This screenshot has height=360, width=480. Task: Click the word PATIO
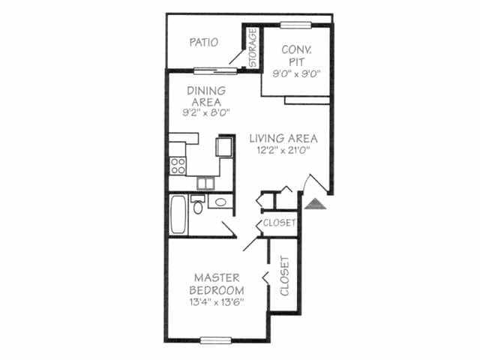point(203,43)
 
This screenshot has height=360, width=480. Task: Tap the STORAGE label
point(253,48)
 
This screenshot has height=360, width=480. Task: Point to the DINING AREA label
point(205,95)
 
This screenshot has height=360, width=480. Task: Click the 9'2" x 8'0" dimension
point(205,112)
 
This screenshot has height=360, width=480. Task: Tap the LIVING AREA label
point(283,138)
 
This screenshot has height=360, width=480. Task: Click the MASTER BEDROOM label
point(216,283)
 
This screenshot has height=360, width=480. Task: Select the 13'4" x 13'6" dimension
point(216,302)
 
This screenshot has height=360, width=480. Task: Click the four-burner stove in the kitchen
point(178,165)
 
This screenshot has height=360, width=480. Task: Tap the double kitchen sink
point(205,183)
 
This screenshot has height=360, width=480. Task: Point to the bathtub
point(178,214)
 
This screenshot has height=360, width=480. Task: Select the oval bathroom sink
point(220,202)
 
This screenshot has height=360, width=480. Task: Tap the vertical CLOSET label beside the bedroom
point(284,275)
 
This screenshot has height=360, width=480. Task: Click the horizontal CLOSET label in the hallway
point(279,223)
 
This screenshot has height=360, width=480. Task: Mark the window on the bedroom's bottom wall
point(215,340)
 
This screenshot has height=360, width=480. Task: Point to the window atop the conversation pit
point(295,25)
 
